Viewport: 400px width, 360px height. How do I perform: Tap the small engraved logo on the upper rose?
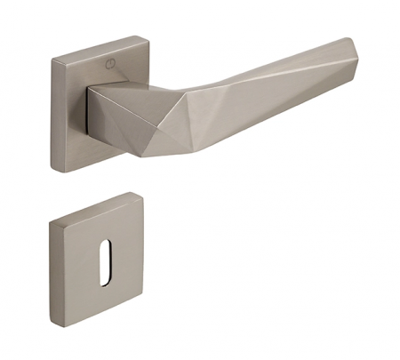point(108,64)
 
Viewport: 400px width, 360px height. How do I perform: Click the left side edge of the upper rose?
point(52,111)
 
